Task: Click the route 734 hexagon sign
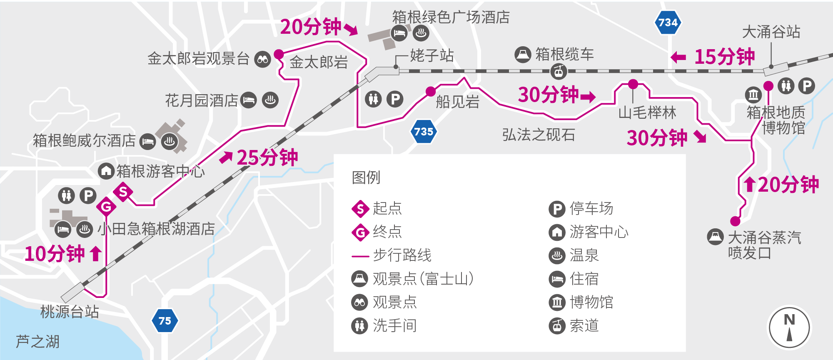click(668, 22)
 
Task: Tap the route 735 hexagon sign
click(424, 132)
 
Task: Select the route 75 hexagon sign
click(165, 321)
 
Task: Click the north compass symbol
click(789, 327)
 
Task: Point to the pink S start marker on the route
click(123, 192)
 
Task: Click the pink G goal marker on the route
click(106, 207)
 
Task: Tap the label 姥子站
click(431, 55)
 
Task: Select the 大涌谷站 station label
click(771, 32)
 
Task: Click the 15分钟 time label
click(724, 57)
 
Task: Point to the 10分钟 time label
click(55, 254)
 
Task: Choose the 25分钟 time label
click(267, 157)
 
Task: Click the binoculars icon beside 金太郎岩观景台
click(263, 60)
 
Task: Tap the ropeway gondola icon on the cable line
click(559, 72)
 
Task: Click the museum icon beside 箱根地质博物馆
click(753, 95)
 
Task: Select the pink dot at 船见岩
click(431, 91)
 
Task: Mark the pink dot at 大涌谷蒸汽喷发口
click(735, 221)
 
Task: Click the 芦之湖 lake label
click(37, 342)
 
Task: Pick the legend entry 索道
click(584, 325)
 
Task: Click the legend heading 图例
click(366, 177)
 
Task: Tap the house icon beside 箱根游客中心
click(106, 171)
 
